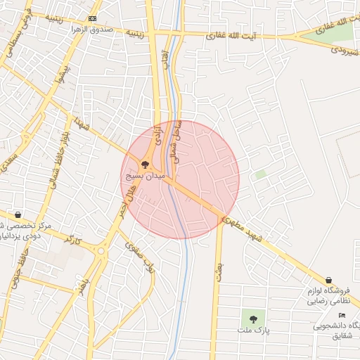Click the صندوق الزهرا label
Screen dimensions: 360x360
pos(93,30)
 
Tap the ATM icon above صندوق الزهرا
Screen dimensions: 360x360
pos(93,18)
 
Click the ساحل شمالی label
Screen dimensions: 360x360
pos(176,141)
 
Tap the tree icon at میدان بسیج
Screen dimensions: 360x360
pos(145,164)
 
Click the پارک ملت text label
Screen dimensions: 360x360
pos(253,330)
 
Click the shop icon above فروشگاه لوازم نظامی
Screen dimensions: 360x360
pos(329,281)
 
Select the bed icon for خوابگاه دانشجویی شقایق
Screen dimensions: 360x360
pos(342,315)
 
